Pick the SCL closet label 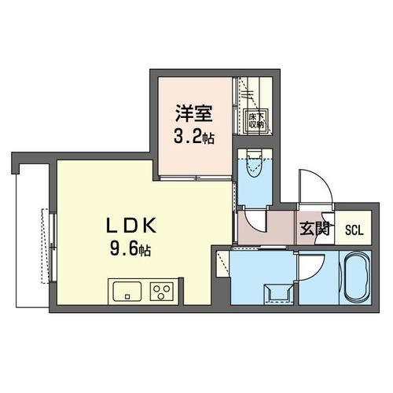353,230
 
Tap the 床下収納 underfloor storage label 256,119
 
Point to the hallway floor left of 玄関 266,229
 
